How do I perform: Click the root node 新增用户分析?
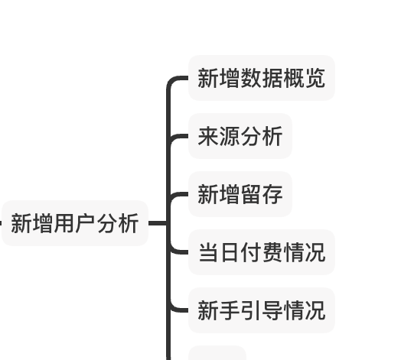click(x=75, y=223)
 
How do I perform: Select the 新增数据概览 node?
click(x=262, y=78)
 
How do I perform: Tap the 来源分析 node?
click(x=240, y=136)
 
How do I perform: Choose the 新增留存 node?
click(x=240, y=194)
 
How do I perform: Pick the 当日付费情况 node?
click(x=262, y=252)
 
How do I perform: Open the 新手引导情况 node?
click(x=262, y=310)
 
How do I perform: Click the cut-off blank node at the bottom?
click(x=217, y=353)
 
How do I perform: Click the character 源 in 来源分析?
click(x=229, y=136)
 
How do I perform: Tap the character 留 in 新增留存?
click(x=251, y=194)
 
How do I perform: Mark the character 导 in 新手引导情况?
click(x=272, y=310)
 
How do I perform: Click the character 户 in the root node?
click(x=86, y=223)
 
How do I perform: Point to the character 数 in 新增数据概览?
click(x=251, y=78)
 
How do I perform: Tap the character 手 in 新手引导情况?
click(x=229, y=310)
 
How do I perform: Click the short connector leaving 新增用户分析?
click(x=158, y=223)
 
